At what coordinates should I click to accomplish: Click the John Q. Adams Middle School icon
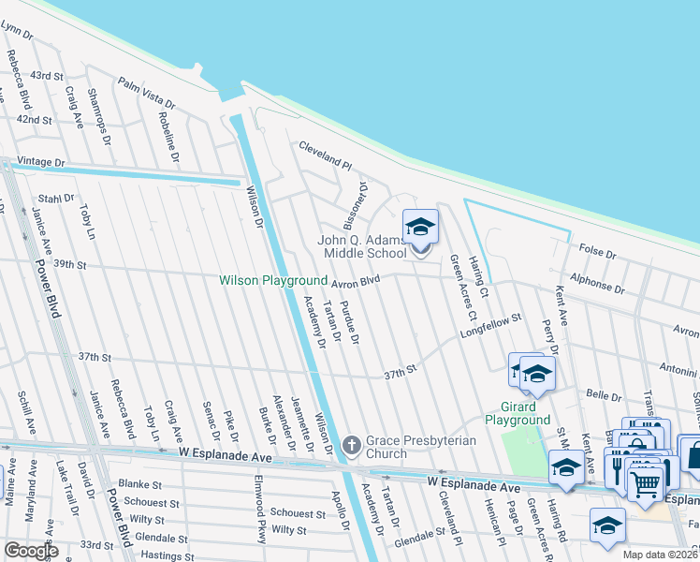coord(420,228)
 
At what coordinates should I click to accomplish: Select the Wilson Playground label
coord(273,280)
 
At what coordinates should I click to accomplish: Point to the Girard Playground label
coord(518,413)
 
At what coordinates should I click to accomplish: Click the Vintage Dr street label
coord(41,162)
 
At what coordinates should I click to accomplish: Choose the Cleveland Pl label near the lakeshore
coord(324,155)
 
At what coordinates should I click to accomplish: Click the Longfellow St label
coord(489,326)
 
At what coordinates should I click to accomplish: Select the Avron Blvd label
coord(355,280)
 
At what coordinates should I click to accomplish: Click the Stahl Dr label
coord(55,199)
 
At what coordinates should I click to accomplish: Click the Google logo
coord(31,551)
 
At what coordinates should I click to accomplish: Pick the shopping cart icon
coord(645,483)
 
